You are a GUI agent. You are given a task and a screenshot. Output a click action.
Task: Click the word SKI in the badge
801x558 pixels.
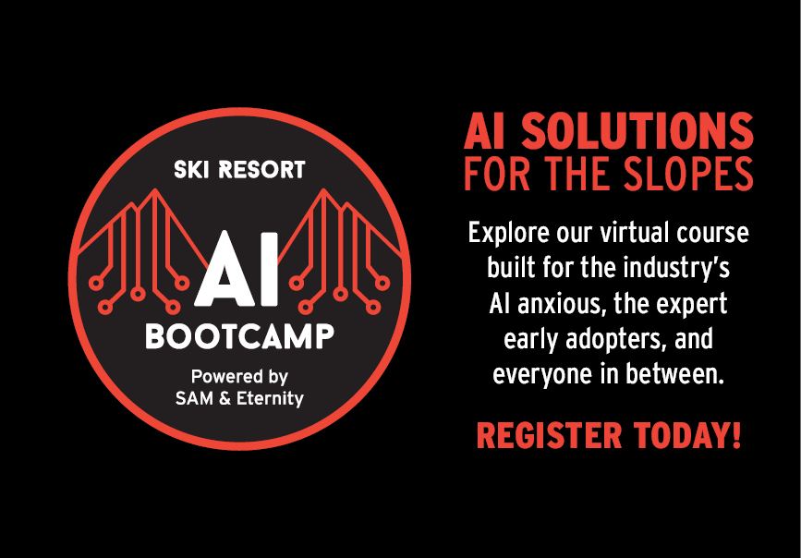pyautogui.click(x=192, y=170)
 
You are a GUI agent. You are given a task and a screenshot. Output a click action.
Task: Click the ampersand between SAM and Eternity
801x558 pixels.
pyautogui.click(x=225, y=398)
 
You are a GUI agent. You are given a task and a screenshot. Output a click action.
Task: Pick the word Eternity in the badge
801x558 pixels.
pyautogui.click(x=269, y=398)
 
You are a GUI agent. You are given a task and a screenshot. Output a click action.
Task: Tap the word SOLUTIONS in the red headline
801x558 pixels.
pyautogui.click(x=637, y=131)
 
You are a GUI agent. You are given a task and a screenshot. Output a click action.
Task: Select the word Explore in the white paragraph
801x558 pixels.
pyautogui.click(x=505, y=234)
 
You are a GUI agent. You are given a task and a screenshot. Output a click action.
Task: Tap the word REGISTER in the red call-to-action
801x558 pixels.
pyautogui.click(x=549, y=436)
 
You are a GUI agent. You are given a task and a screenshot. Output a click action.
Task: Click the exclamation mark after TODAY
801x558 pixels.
pyautogui.click(x=736, y=436)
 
